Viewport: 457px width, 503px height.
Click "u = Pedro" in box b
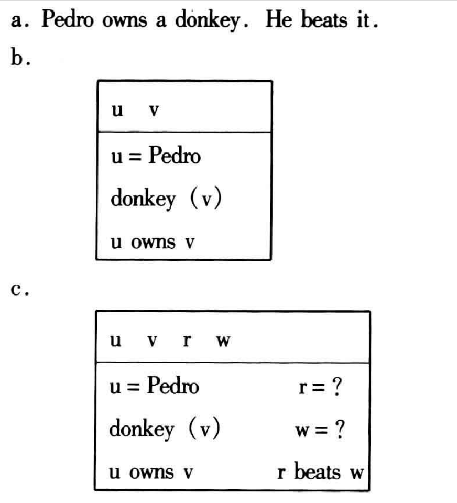tap(155, 155)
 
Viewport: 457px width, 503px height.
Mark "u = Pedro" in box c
tap(154, 387)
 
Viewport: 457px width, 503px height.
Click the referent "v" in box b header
tap(153, 111)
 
